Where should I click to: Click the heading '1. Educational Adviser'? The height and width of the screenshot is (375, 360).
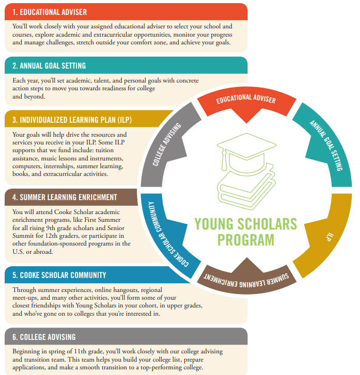[50, 12]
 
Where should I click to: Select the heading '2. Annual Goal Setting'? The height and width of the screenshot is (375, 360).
[49, 66]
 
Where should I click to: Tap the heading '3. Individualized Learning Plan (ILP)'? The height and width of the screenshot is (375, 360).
[72, 120]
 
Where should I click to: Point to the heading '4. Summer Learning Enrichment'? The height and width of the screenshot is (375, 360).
[65, 198]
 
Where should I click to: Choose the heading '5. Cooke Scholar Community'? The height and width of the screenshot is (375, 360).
[59, 275]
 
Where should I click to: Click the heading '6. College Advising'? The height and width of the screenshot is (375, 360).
[44, 337]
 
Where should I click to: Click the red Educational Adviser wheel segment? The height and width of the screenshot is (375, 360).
[246, 104]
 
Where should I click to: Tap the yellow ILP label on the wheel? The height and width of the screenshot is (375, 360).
[330, 237]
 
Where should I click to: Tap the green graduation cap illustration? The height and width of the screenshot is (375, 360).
[246, 153]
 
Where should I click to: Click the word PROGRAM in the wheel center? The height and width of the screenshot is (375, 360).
[246, 240]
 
